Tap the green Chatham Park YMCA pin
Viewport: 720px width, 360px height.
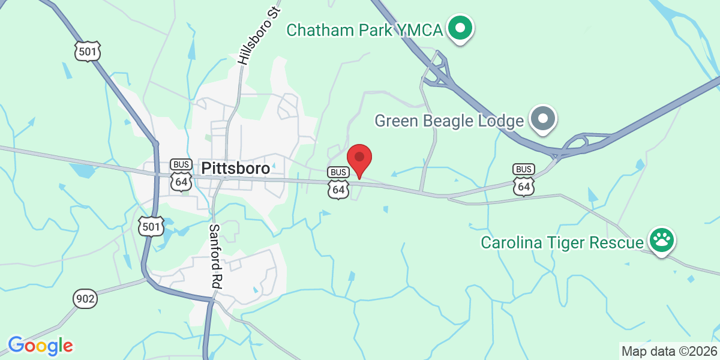tap(460, 28)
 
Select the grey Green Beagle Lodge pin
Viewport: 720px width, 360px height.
tap(543, 118)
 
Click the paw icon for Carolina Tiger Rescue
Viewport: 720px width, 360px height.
tap(661, 241)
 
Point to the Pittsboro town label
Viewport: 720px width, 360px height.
tap(235, 169)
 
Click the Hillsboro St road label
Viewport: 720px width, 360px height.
tap(259, 36)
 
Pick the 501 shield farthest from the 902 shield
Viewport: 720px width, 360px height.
tap(88, 52)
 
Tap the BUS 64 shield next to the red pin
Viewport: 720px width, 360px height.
tap(338, 183)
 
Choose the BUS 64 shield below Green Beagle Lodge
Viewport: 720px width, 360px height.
tap(524, 179)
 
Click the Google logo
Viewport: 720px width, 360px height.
tap(40, 346)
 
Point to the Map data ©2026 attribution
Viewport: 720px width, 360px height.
tap(668, 351)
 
